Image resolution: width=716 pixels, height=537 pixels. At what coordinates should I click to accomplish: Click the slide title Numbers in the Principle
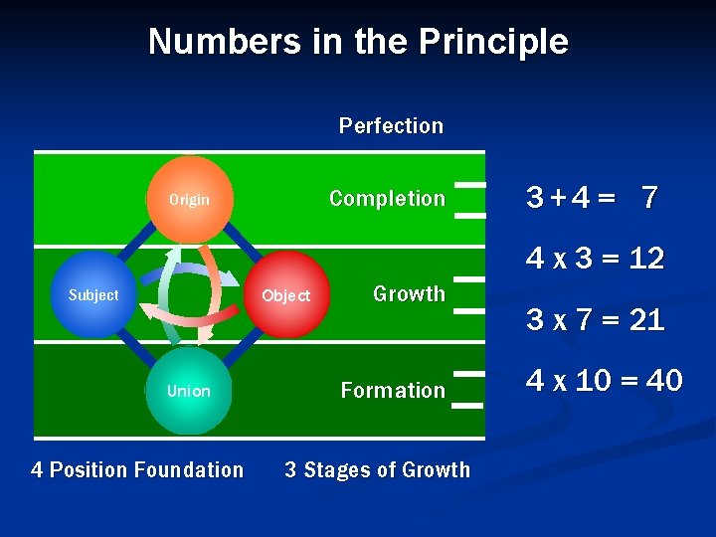(358, 42)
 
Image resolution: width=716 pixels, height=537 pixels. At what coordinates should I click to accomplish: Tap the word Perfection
(391, 126)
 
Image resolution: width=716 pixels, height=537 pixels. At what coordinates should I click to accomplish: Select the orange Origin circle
(190, 199)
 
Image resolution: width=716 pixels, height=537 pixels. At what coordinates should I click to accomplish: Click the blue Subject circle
(94, 294)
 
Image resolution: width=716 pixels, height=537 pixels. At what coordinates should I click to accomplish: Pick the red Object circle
(286, 295)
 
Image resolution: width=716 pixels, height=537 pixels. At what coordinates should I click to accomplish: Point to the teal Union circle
(189, 391)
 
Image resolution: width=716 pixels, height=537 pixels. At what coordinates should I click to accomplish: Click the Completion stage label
(387, 199)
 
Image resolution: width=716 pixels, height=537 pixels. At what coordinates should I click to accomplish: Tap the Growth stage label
(409, 294)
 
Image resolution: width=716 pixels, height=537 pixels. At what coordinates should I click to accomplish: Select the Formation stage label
(393, 391)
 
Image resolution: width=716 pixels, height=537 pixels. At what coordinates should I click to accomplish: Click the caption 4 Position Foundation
(137, 469)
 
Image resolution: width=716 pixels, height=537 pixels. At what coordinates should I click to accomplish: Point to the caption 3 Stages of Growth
(377, 469)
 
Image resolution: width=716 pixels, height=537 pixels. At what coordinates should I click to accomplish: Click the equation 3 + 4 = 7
(592, 198)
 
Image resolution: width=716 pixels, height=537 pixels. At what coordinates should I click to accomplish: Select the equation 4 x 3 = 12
(595, 260)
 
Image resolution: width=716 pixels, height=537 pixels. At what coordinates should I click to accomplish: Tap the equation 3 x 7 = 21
(595, 321)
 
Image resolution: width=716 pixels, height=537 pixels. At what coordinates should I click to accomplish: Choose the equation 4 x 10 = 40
(604, 381)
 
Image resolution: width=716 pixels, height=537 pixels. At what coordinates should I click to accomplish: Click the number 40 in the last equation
(663, 381)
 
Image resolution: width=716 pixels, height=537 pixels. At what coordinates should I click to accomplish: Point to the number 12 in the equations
(646, 260)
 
